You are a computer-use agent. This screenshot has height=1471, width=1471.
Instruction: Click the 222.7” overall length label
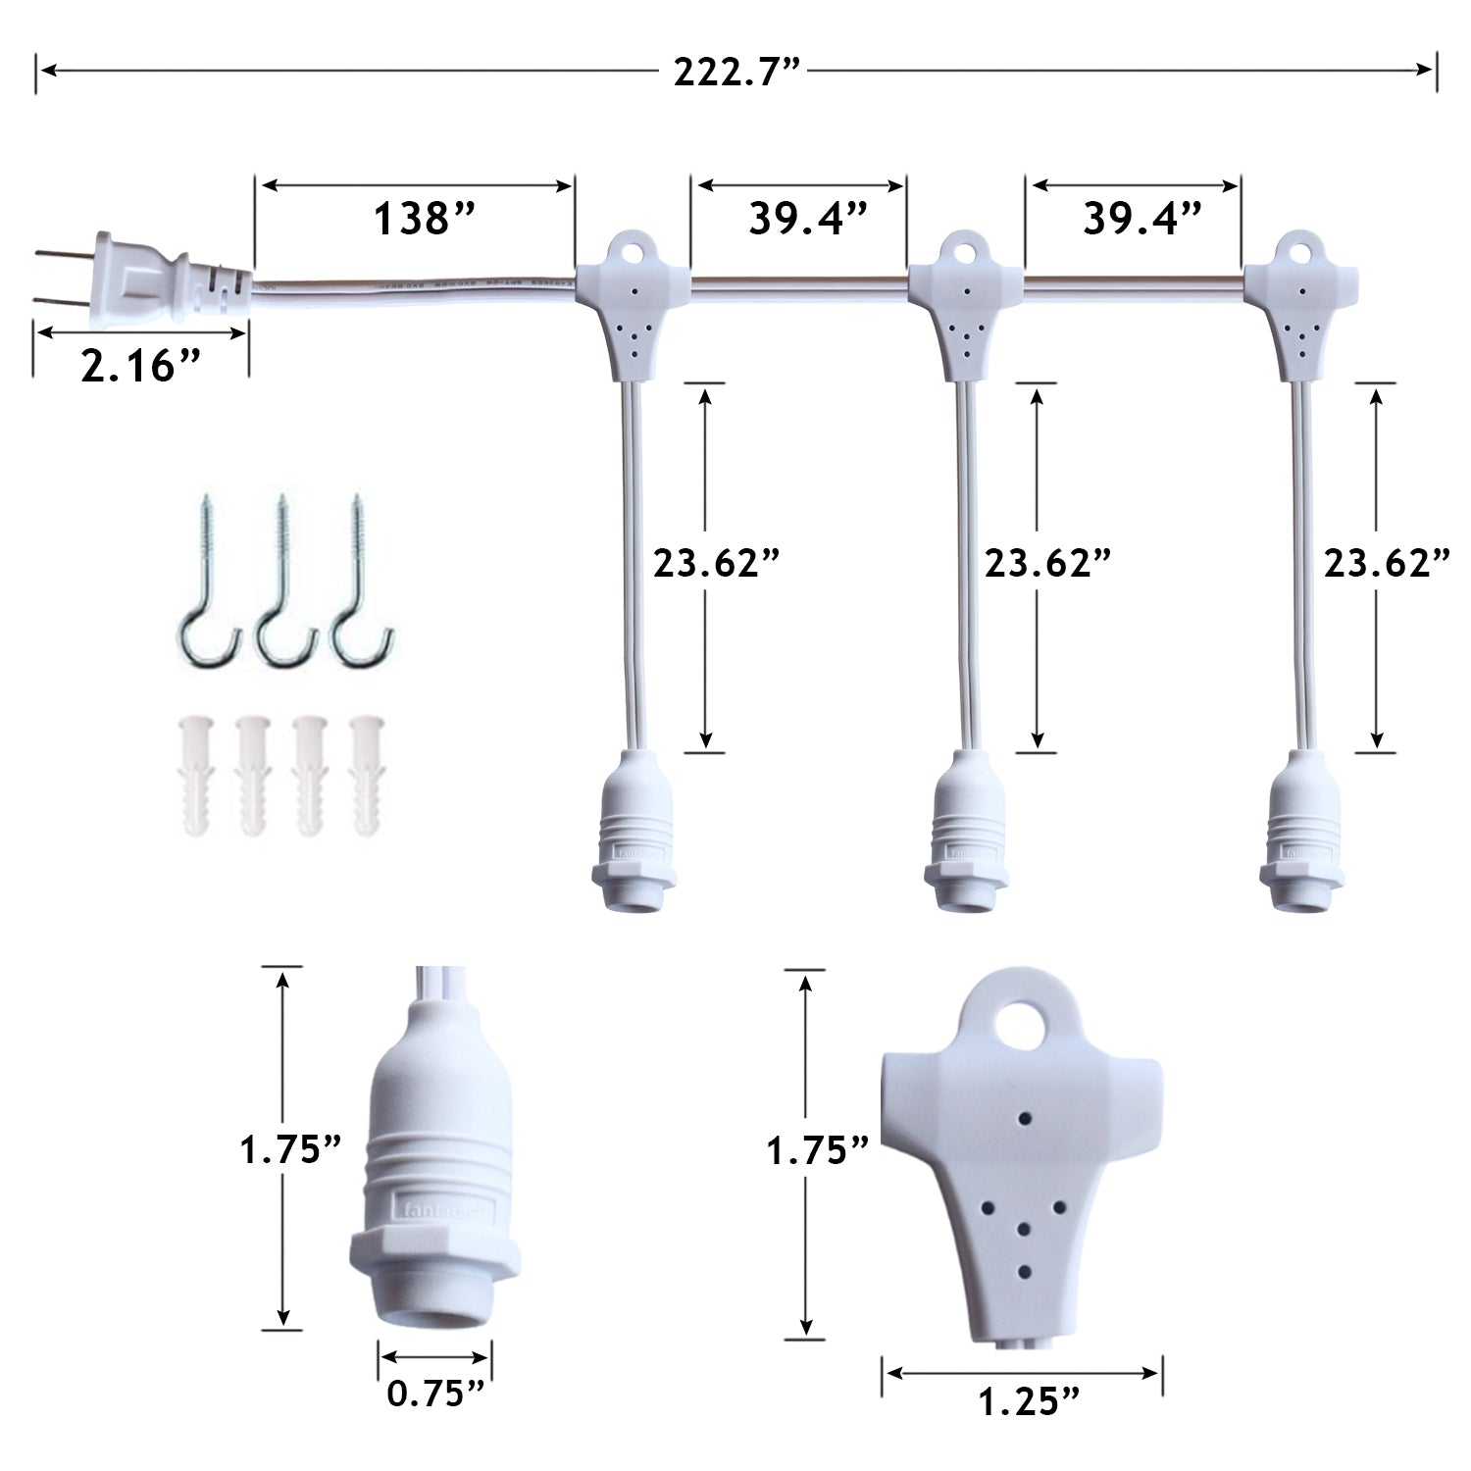coord(737,72)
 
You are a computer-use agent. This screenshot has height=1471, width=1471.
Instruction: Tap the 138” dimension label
coord(424,218)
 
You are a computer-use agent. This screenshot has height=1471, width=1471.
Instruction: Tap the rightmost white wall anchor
coord(367,776)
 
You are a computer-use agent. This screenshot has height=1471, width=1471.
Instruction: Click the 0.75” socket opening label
coord(435,1393)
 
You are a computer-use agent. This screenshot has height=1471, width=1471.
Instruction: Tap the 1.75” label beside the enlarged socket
coord(290,1149)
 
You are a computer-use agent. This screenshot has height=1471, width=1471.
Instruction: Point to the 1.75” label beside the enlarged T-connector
coord(818,1150)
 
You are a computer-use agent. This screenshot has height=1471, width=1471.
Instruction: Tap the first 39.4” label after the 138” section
coord(808,218)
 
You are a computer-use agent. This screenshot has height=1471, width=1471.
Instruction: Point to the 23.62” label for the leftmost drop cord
coord(717,564)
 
